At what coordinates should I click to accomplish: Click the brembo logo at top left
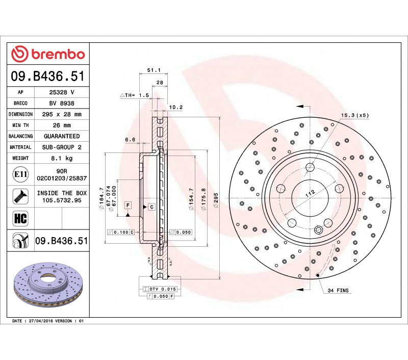48,54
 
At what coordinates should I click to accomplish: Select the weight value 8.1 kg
62,158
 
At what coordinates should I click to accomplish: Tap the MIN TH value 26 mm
62,125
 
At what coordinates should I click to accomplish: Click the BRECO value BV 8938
62,104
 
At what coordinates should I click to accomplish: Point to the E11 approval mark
20,174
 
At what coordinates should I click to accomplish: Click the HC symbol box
20,218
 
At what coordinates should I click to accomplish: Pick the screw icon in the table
20,196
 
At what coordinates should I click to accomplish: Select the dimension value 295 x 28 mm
62,114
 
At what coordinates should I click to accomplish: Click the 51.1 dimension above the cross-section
154,70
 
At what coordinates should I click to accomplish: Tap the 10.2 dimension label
176,107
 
